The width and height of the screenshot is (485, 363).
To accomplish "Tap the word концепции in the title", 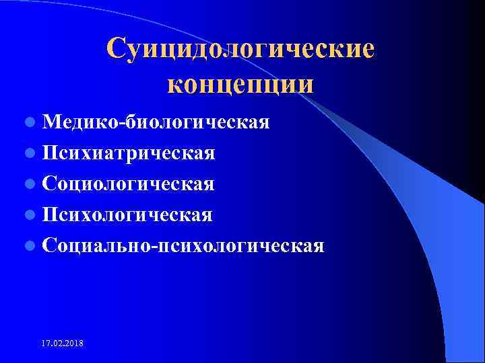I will click(x=240, y=85).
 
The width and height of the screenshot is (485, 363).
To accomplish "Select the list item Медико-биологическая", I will click(x=155, y=123).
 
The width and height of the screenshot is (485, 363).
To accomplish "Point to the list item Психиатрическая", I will click(x=128, y=153).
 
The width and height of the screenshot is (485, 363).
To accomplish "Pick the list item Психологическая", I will click(x=127, y=214).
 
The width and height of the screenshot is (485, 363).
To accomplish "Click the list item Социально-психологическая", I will click(x=182, y=245).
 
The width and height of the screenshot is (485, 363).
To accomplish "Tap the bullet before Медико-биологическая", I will click(x=29, y=124).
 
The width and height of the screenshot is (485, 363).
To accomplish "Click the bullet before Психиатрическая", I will click(x=29, y=154).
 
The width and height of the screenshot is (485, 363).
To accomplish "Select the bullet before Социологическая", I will click(x=29, y=184).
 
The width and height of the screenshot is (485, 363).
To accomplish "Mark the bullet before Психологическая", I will click(x=29, y=215).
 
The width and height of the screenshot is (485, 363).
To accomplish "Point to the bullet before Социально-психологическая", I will click(x=29, y=245).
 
